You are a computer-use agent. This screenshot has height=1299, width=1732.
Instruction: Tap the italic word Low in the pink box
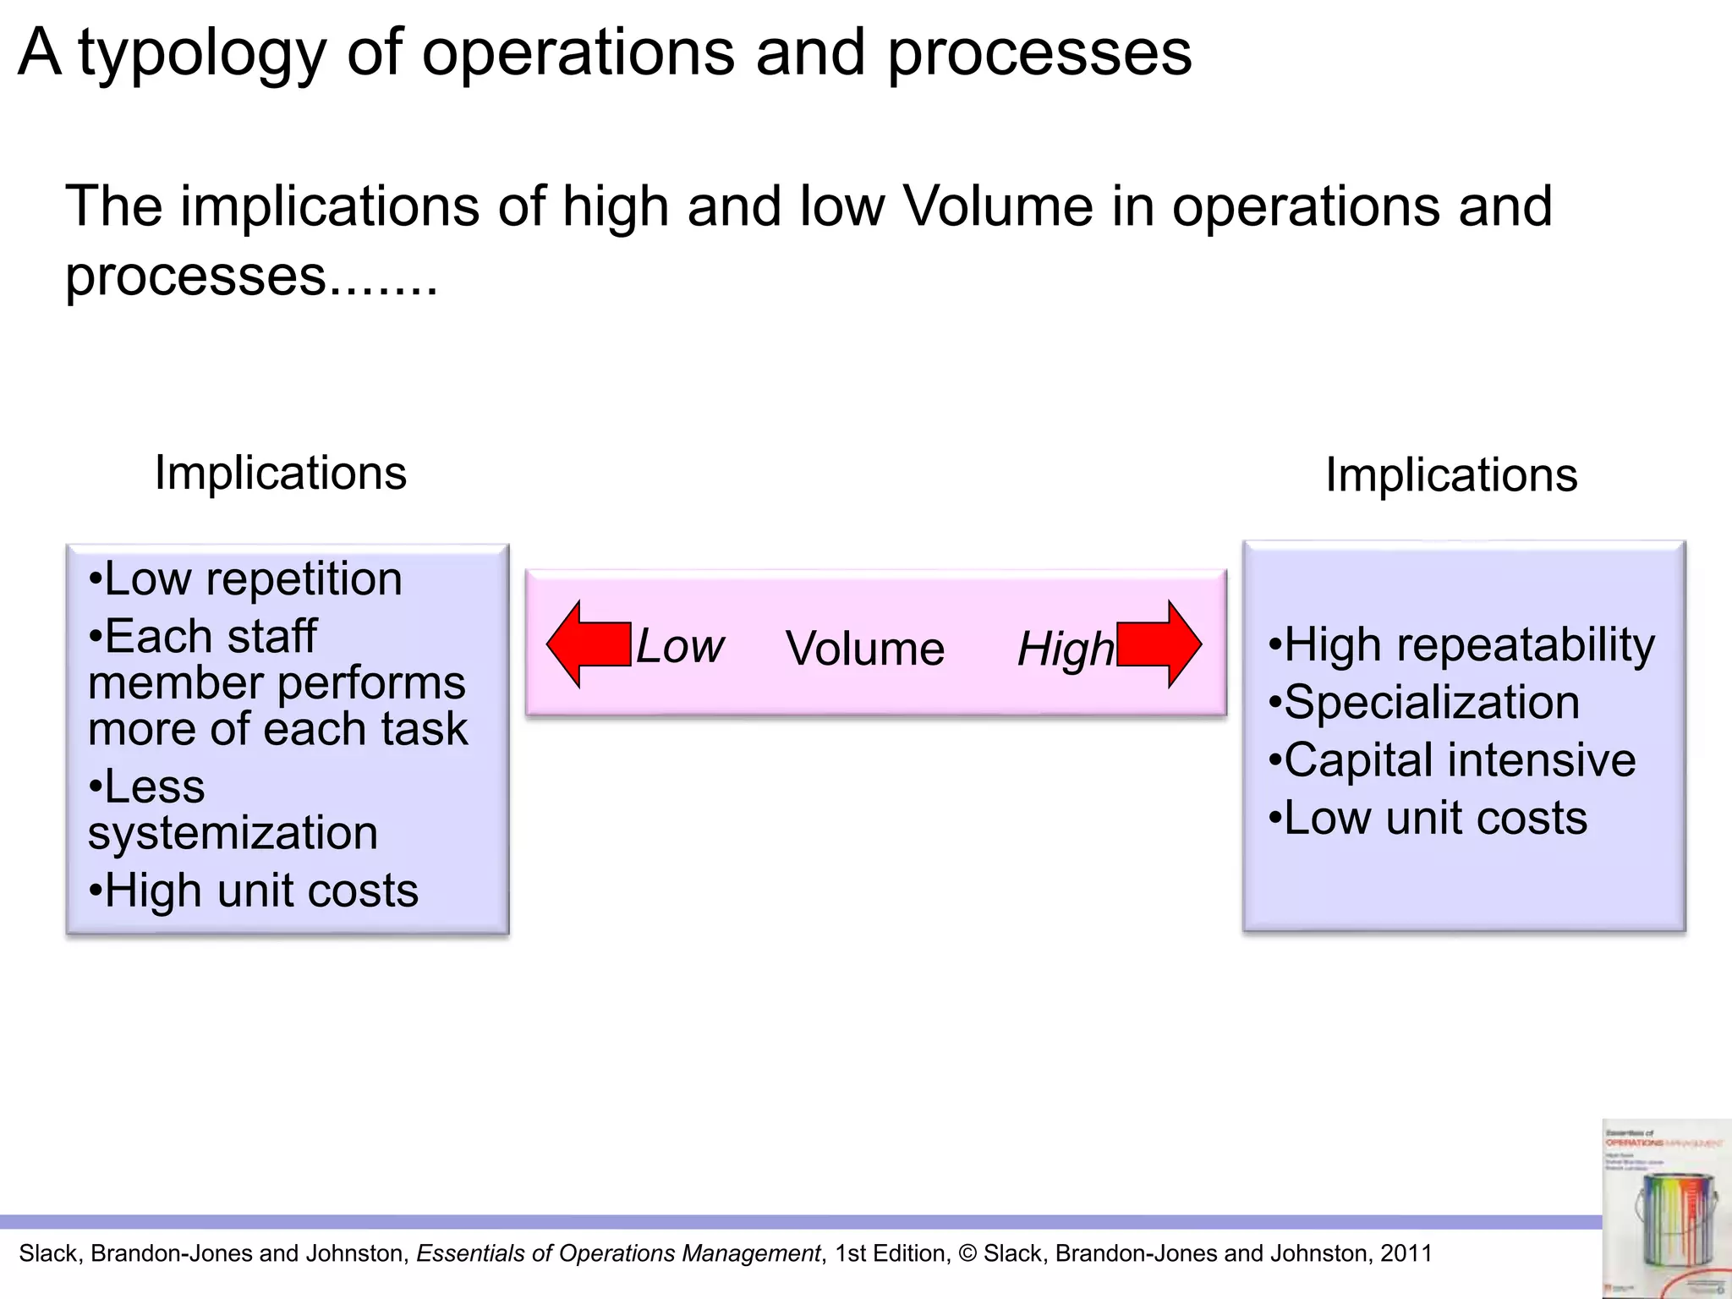point(679,647)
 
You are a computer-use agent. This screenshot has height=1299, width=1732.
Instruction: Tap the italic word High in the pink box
point(1066,649)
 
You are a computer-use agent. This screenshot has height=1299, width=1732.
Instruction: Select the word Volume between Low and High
point(864,649)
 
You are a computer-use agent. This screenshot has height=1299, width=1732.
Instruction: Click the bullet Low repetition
point(245,579)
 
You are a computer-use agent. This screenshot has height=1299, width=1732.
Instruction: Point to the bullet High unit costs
point(254,891)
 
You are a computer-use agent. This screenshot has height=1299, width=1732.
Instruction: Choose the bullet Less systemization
point(233,810)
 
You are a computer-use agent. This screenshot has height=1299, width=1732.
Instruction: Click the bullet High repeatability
point(1461,645)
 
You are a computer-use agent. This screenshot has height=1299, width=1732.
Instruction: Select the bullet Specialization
point(1424,703)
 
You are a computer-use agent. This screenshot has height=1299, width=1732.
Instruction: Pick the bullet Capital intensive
point(1452,760)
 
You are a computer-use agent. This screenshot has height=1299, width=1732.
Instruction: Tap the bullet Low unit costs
point(1428,818)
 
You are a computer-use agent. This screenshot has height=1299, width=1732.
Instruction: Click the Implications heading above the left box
point(280,473)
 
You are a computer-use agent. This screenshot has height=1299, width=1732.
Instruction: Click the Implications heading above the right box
point(1451,475)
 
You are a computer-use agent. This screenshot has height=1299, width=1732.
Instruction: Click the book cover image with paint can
point(1664,1209)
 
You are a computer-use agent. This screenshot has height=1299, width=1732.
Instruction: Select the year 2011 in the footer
point(1406,1253)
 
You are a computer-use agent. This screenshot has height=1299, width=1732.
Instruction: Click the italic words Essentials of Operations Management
point(618,1253)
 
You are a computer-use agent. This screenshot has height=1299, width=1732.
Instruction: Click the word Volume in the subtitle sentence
point(998,207)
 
